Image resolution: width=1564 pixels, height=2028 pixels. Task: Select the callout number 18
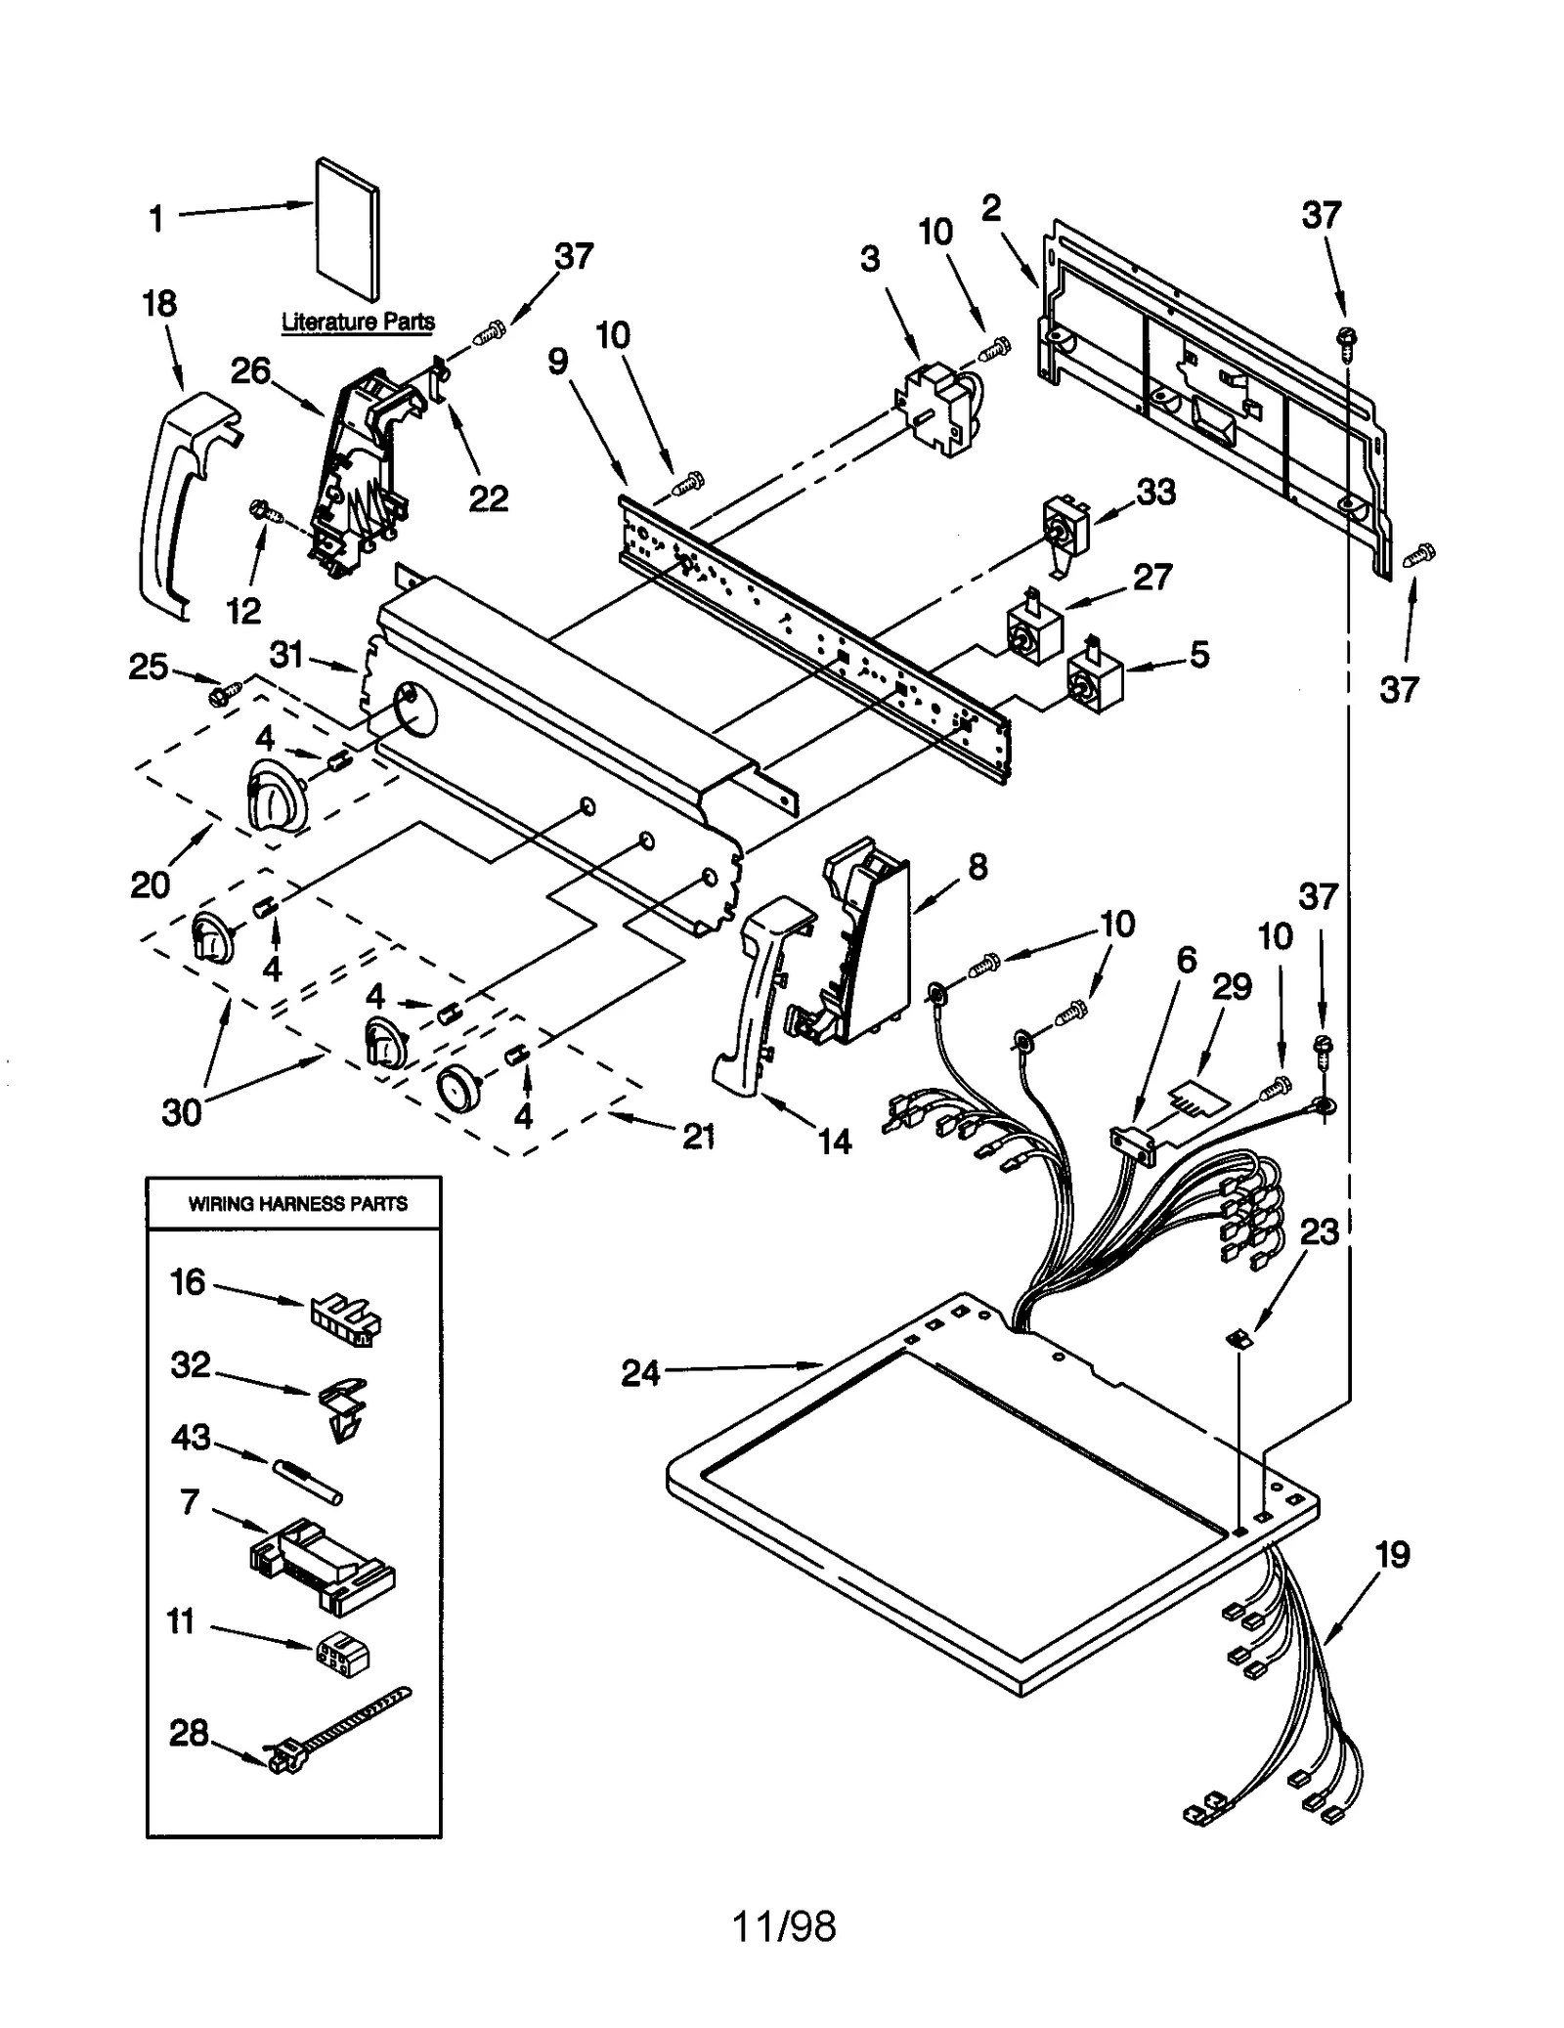pos(159,303)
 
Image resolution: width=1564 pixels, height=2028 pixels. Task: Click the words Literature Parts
pos(358,322)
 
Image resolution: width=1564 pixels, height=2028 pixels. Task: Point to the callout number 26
pos(250,370)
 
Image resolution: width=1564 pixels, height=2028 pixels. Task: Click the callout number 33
pos(1155,492)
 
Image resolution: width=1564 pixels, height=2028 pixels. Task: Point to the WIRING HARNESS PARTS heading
pos(297,1203)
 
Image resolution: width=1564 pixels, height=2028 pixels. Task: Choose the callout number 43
pos(191,1437)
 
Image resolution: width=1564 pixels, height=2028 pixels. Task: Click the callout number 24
pos(641,1373)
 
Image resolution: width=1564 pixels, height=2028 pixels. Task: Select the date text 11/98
pos(784,1925)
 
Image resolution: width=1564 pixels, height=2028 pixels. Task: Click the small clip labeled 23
pos(1239,1340)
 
